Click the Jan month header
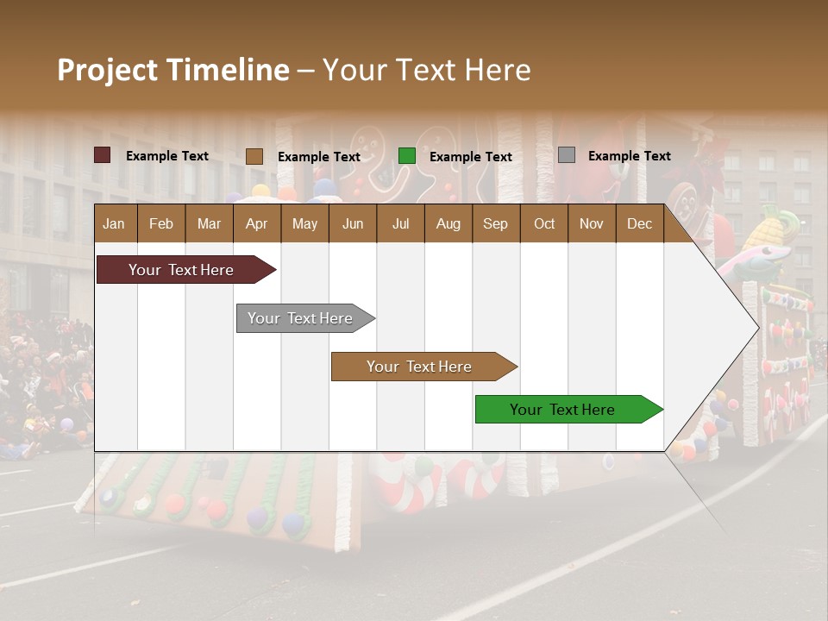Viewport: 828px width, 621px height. click(114, 224)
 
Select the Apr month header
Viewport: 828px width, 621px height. click(256, 224)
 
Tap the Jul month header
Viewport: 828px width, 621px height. click(400, 224)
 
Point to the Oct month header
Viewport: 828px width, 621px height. click(544, 224)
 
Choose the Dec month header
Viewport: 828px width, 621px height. click(639, 224)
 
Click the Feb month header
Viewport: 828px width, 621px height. click(161, 224)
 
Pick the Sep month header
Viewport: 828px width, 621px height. click(495, 224)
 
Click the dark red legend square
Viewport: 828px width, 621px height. click(102, 155)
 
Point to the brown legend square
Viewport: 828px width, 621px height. click(254, 156)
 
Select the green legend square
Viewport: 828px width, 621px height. click(407, 156)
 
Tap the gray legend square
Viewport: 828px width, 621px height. click(567, 155)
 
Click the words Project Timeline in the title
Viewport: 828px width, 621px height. click(173, 70)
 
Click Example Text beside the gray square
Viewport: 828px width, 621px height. click(630, 156)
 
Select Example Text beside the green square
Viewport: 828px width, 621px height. click(471, 157)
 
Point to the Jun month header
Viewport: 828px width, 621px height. click(353, 224)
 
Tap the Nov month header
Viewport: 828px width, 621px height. click(592, 224)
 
